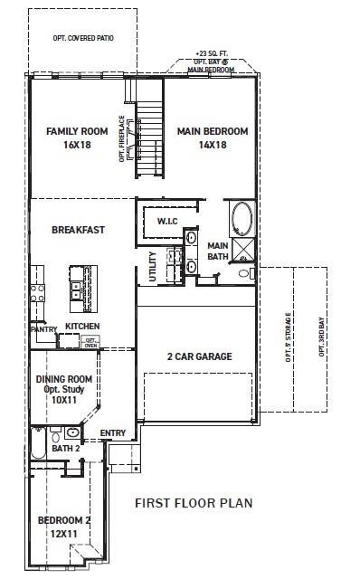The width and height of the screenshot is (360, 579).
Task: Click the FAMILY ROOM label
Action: coord(76,131)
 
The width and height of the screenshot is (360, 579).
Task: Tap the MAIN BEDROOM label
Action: coord(212,131)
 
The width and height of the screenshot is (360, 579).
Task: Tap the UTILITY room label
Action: coord(153,268)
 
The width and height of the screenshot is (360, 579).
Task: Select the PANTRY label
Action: coord(43,330)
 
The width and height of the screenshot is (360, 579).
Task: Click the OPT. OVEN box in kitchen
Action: coord(90,342)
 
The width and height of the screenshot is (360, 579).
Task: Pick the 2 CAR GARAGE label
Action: coord(198,356)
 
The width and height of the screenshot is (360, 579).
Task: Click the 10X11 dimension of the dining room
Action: coord(62,399)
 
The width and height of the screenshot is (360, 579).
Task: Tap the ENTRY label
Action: coord(113,432)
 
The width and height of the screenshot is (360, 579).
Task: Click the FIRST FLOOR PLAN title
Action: coord(193,502)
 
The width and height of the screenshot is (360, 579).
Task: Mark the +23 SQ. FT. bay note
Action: coord(214,53)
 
